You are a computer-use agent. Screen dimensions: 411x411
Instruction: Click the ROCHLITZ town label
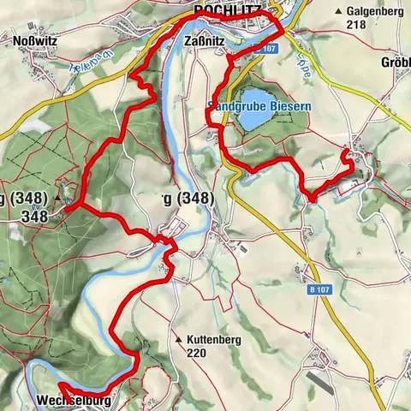click(224, 10)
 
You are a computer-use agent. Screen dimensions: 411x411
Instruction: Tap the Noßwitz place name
click(34, 39)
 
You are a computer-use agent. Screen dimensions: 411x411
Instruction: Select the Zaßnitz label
click(204, 39)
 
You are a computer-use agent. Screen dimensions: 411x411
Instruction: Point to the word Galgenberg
click(375, 11)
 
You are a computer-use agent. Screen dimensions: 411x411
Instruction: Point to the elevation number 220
click(197, 352)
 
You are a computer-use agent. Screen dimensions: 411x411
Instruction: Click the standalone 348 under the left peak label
click(35, 217)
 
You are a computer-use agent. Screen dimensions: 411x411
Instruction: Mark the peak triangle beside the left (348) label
click(58, 199)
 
